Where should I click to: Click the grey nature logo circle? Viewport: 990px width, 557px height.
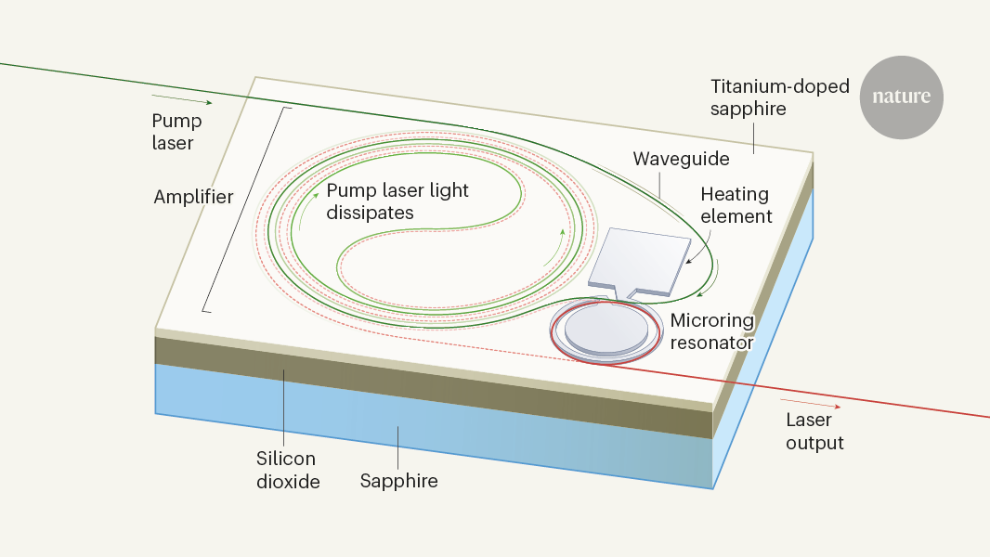tap(901, 97)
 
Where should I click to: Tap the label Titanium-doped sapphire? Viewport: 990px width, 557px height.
tap(767, 97)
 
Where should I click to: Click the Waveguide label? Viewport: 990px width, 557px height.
tap(681, 159)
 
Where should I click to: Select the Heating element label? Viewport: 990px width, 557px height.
tap(736, 205)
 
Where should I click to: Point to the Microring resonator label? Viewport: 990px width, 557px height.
tap(712, 331)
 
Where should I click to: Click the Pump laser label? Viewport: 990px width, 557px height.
tap(176, 132)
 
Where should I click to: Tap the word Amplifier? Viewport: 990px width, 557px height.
tap(193, 197)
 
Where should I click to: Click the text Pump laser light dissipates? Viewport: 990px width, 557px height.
tap(397, 201)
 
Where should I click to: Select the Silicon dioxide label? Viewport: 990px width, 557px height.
tap(286, 470)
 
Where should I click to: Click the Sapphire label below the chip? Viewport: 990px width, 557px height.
tap(398, 481)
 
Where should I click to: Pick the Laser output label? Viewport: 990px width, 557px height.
tap(814, 432)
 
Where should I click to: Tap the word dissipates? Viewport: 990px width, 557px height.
tap(370, 213)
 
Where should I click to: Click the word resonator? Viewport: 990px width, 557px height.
tap(712, 342)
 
